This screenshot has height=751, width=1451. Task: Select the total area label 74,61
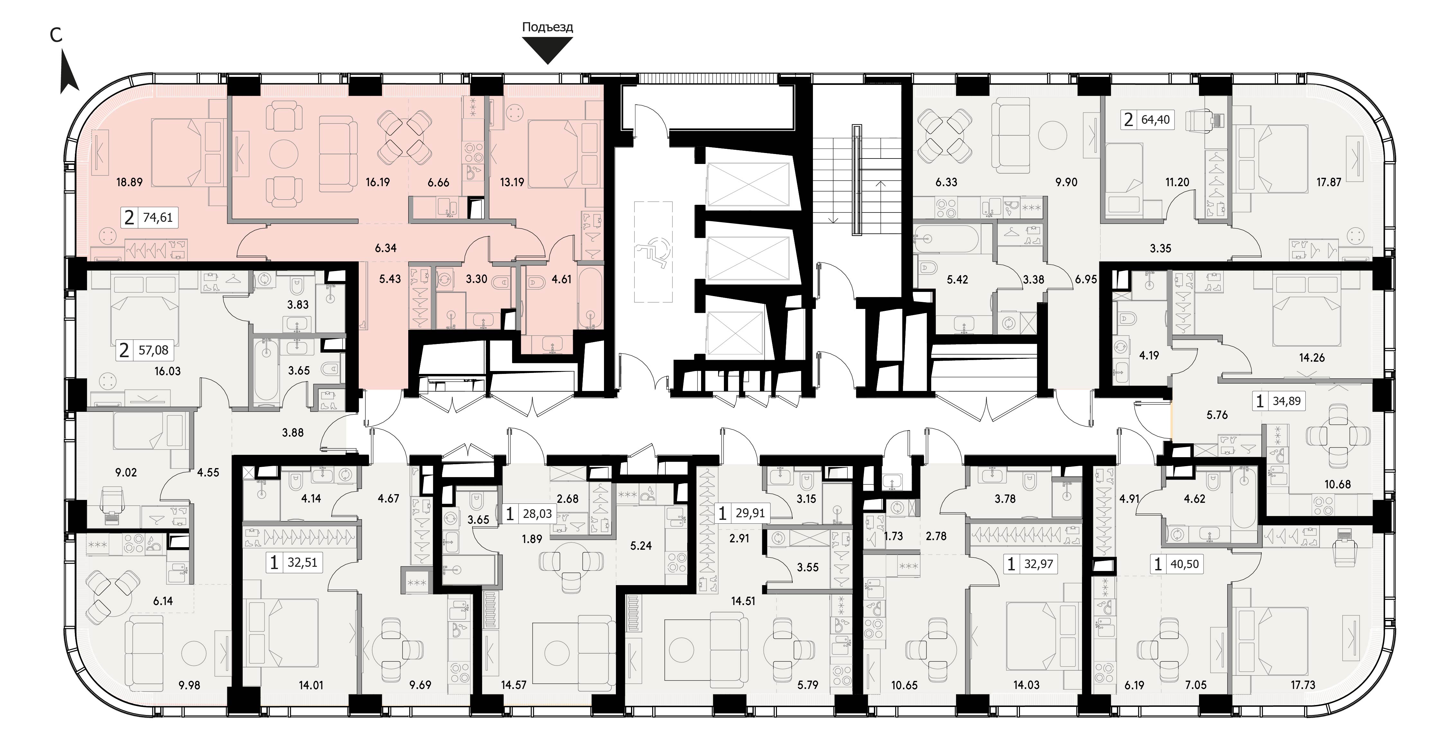coord(158,217)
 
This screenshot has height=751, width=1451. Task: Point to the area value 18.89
coord(130,182)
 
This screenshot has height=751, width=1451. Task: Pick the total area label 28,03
coord(536,514)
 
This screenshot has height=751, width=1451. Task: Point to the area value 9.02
coord(126,472)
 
